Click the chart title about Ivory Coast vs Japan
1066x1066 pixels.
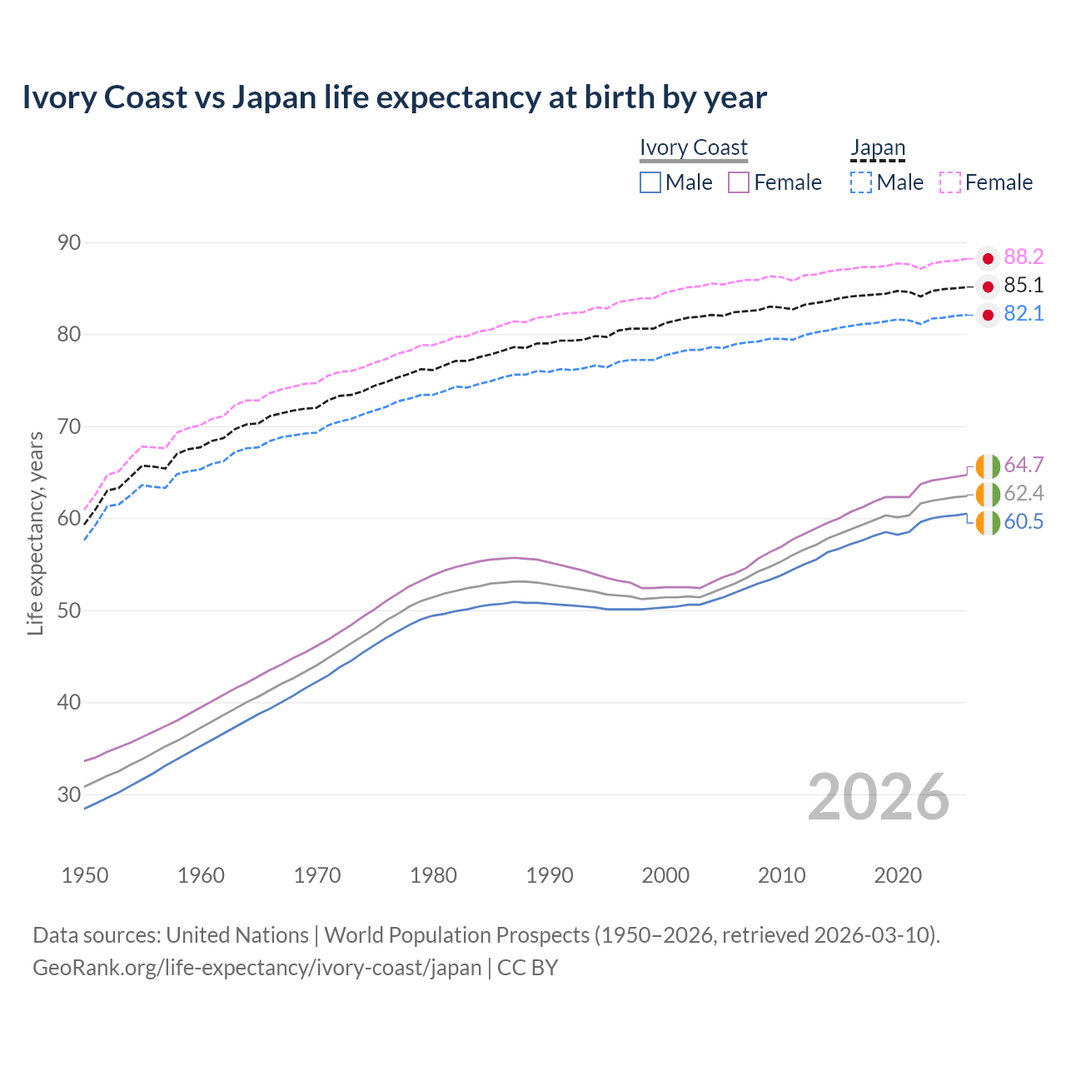[394, 97]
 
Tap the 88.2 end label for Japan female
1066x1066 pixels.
[1024, 257]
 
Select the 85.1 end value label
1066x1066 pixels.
[1024, 286]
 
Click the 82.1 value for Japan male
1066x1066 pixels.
[1024, 314]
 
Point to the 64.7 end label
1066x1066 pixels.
[1024, 465]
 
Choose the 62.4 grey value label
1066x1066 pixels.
[1024, 493]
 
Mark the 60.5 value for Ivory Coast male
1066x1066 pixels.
[1024, 522]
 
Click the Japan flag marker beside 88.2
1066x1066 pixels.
[988, 258]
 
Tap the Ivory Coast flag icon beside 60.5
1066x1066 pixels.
[988, 523]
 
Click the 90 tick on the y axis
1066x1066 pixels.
[69, 243]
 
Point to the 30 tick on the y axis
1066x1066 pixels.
[69, 795]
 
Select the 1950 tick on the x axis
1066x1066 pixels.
[85, 875]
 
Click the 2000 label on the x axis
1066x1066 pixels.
[665, 875]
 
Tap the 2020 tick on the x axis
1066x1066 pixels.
[898, 875]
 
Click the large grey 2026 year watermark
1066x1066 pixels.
[878, 797]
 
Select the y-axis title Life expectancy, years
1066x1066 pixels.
[36, 533]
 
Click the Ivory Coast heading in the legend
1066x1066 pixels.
[693, 147]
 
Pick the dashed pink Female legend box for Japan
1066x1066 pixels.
[950, 182]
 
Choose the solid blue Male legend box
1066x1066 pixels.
[650, 182]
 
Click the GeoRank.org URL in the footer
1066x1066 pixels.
[257, 968]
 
